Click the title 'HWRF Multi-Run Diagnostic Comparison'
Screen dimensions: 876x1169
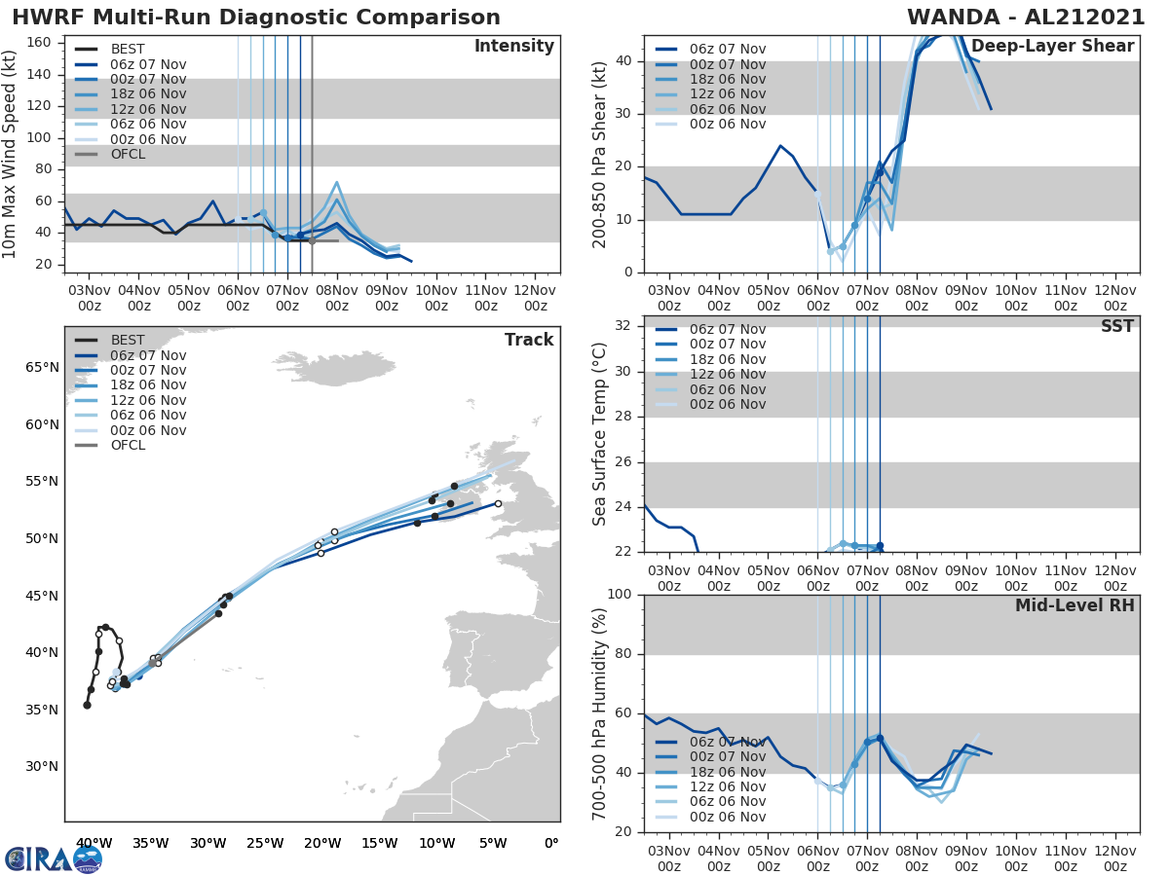pyautogui.click(x=256, y=18)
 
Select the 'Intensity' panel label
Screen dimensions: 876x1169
pyautogui.click(x=513, y=47)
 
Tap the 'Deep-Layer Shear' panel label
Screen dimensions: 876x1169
pyautogui.click(x=1052, y=47)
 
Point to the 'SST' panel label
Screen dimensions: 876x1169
pyautogui.click(x=1116, y=326)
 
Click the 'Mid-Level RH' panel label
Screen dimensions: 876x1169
pyautogui.click(x=1075, y=605)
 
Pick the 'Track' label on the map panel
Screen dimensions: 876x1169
pyautogui.click(x=528, y=340)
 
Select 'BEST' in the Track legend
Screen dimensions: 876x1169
pyautogui.click(x=128, y=341)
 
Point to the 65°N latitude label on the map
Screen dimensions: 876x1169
pyautogui.click(x=42, y=368)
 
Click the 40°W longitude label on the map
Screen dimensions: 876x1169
pyautogui.click(x=94, y=843)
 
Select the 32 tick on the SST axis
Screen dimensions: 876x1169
pyautogui.click(x=624, y=326)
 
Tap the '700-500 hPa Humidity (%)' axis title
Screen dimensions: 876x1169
pyautogui.click(x=601, y=712)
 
